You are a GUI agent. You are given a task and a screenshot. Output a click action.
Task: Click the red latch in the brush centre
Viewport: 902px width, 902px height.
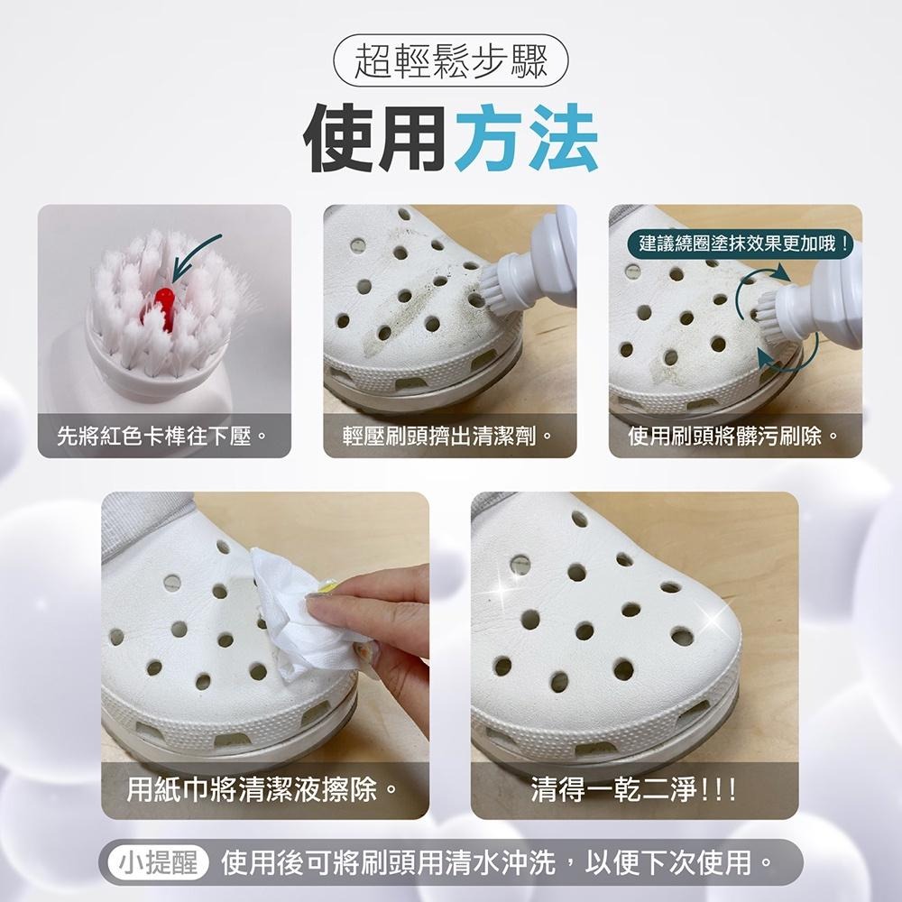point(163,299)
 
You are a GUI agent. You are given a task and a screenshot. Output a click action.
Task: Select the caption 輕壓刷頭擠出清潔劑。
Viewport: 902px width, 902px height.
point(448,437)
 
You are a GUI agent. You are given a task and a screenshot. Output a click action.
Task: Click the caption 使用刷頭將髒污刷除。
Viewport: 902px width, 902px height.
point(734,437)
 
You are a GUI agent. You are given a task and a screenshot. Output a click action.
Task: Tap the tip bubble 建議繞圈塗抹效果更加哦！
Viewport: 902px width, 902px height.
point(743,243)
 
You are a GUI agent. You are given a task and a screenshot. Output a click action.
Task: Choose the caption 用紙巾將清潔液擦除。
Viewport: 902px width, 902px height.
point(263,792)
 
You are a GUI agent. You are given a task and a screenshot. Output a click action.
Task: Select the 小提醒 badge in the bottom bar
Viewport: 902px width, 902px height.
point(159,863)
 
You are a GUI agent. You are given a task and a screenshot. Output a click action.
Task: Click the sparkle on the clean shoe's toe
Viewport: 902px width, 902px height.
point(717,622)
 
